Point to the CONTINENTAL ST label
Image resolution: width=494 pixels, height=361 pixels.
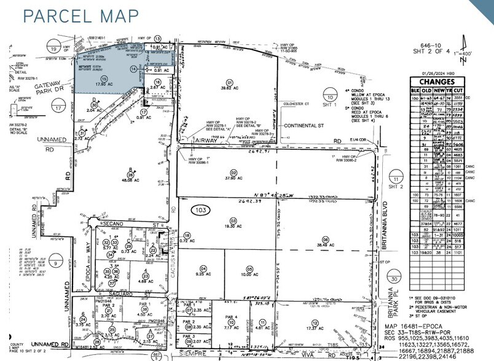coord(304,125)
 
